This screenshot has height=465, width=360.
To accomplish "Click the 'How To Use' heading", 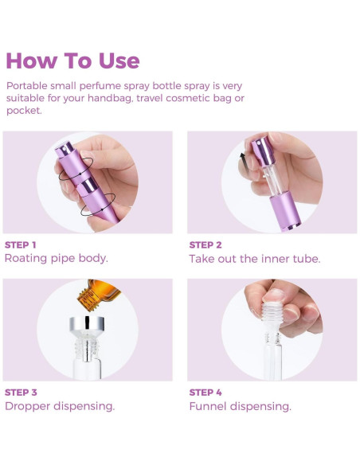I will tap(72, 61).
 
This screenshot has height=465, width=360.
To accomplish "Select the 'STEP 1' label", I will tap(21, 244).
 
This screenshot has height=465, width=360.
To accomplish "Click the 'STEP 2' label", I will tap(205, 244).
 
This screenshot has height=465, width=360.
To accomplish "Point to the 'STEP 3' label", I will tap(21, 392).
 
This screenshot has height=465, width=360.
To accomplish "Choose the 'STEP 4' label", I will tap(205, 392).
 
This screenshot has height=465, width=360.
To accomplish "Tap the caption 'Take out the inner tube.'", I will tap(254, 259).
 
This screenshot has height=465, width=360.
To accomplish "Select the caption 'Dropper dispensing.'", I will tap(60, 406).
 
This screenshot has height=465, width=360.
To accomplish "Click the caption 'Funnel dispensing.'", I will tap(240, 406).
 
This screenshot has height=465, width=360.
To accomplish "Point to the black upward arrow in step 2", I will tap(241, 158).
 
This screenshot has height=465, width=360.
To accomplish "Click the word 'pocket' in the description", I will tap(22, 111).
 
